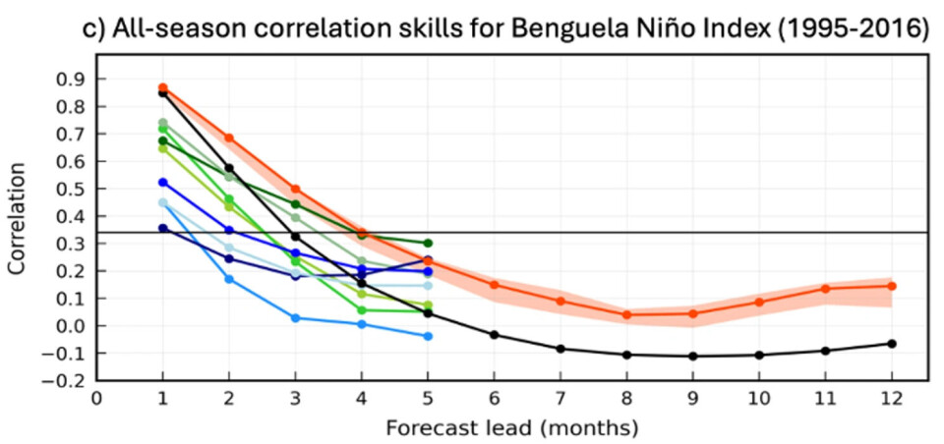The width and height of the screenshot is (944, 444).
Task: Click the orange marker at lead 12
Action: [892, 286]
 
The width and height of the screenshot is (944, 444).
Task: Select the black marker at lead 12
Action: [892, 344]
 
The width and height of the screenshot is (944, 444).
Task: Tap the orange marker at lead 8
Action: [626, 315]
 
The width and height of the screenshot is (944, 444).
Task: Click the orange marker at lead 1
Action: [163, 88]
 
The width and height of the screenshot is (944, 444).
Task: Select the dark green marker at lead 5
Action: [428, 243]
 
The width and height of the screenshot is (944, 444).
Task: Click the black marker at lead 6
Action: [495, 335]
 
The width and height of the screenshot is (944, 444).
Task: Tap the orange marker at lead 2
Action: [229, 139]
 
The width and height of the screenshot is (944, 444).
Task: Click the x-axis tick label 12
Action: [892, 399]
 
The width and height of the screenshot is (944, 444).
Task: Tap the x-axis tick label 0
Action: [96, 399]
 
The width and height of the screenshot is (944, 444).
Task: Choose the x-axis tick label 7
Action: [560, 399]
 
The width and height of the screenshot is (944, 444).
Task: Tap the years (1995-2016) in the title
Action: [854, 30]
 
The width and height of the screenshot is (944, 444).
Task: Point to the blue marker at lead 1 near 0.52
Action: [163, 183]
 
